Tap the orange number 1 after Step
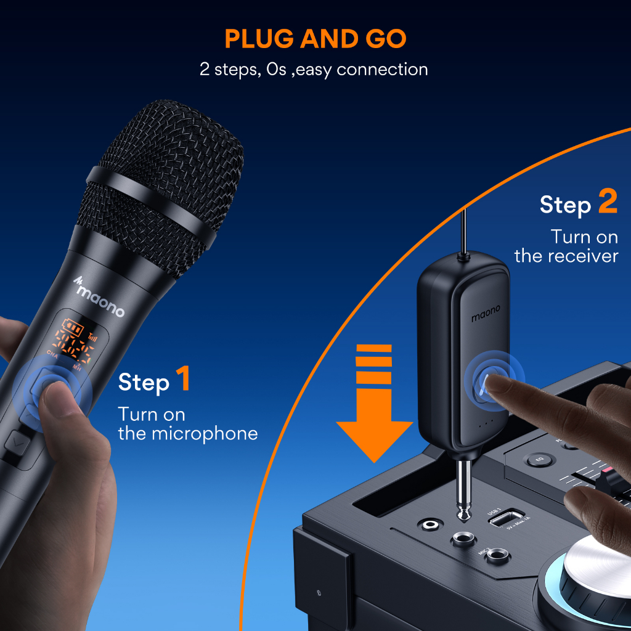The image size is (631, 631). pos(183,380)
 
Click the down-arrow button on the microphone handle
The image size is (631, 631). pos(15,441)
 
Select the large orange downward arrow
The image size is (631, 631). pos(374,407)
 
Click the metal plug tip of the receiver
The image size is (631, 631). pos(462,505)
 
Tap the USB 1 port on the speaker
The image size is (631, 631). pos(507,518)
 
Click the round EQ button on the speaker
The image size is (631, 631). pos(534,460)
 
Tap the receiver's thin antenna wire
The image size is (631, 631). pos(462,231)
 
